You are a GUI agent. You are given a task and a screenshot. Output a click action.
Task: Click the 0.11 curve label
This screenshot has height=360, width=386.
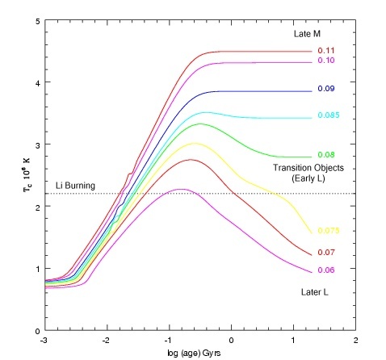[x=326, y=51]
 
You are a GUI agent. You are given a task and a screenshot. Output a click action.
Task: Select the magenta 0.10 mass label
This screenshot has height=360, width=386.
[x=326, y=60]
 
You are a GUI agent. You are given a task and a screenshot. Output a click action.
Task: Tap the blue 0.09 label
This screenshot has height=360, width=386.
[x=326, y=89]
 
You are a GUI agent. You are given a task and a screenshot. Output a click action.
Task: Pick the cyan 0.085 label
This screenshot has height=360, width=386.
[x=329, y=115]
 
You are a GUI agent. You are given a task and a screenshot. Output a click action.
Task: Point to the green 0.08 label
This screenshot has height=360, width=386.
[x=326, y=155]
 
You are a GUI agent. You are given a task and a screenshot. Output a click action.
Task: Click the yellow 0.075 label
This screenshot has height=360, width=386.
[x=329, y=231]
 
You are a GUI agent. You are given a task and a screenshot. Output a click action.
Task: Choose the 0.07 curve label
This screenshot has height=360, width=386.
[x=326, y=253]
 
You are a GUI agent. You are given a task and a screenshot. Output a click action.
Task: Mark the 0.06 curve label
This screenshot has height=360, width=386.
[x=326, y=270]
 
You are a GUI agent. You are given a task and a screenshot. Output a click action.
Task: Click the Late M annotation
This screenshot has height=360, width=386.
[x=307, y=34]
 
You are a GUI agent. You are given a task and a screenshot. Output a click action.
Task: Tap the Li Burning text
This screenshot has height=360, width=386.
[x=75, y=186]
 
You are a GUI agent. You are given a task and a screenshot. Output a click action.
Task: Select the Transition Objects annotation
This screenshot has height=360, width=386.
[x=308, y=168]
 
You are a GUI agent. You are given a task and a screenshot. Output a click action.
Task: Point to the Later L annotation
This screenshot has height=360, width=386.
[x=315, y=292]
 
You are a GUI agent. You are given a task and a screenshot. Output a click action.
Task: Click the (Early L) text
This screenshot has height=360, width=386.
[x=308, y=178]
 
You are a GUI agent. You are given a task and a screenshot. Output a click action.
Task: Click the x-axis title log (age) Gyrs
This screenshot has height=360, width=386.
[x=194, y=353]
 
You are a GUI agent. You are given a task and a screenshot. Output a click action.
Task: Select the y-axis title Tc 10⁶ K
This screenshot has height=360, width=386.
[x=27, y=175]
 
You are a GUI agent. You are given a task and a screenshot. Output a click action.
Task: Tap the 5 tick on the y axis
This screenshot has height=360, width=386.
[x=38, y=21]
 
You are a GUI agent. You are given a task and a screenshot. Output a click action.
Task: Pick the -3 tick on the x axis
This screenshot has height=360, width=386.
[x=44, y=341]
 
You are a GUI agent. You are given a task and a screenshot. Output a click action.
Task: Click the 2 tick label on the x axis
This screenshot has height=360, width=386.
[x=356, y=341]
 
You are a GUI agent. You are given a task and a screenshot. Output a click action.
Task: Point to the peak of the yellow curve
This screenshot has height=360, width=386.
[x=195, y=143]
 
